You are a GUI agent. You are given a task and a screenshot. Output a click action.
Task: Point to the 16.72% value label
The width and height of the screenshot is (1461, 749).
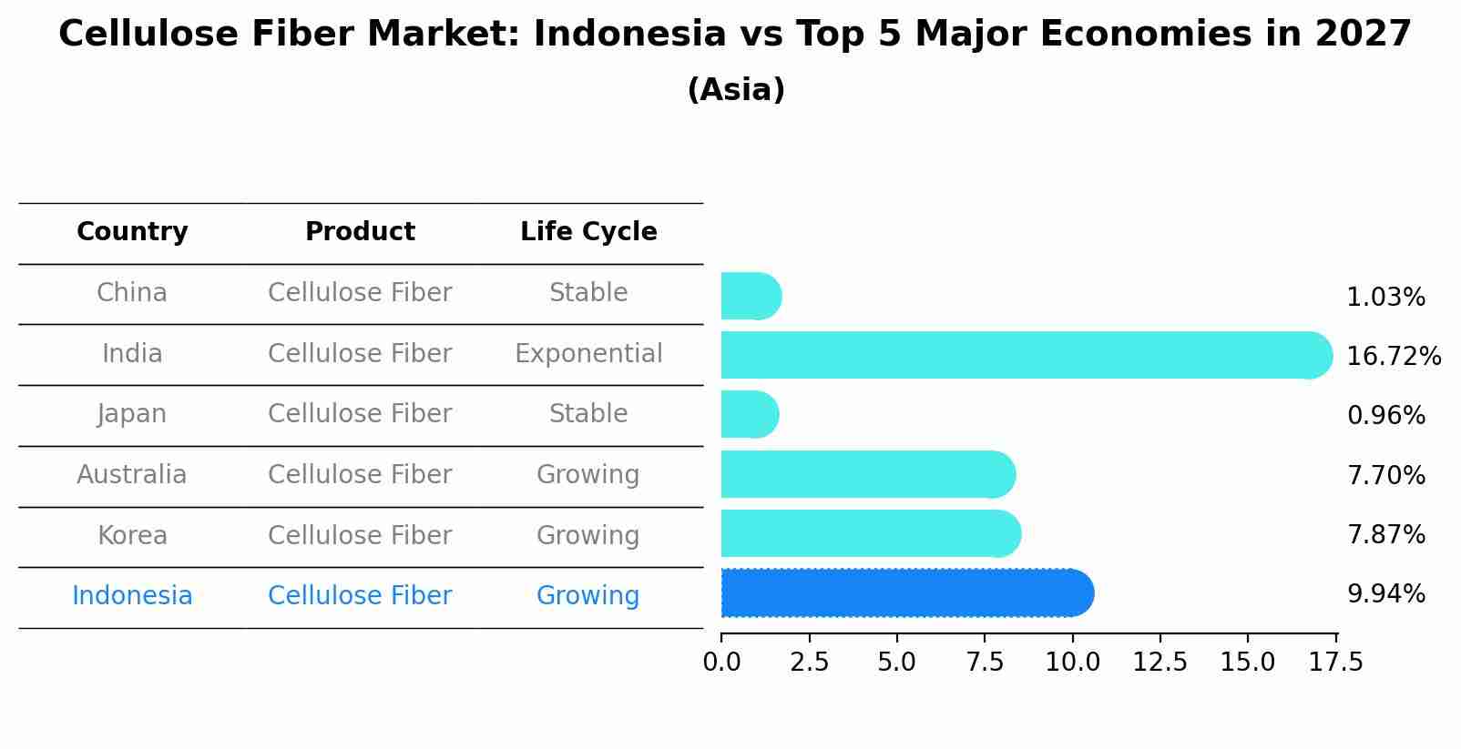(x=1393, y=356)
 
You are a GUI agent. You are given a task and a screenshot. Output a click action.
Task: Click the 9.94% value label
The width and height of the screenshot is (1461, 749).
(x=1385, y=594)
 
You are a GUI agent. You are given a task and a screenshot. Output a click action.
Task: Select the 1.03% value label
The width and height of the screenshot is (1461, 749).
(x=1385, y=298)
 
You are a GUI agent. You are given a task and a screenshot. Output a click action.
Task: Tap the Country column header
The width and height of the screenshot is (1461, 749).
(x=132, y=232)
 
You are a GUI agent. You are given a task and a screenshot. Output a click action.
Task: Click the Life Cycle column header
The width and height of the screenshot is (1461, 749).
(x=588, y=232)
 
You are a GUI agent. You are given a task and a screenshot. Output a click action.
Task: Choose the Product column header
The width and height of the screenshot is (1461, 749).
(x=360, y=232)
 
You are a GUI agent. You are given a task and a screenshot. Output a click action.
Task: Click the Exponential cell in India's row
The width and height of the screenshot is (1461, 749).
(x=588, y=354)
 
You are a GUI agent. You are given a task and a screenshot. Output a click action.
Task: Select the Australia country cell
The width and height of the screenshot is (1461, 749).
(x=132, y=475)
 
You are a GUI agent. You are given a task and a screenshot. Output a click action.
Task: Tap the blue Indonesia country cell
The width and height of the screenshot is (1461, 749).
(x=132, y=596)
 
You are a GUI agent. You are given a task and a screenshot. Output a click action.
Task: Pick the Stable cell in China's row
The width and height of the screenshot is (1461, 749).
(x=588, y=293)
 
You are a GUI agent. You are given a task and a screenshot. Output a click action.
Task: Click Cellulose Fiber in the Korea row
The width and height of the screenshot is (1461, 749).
(x=360, y=536)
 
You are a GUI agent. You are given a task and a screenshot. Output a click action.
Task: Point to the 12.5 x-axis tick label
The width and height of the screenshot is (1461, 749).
(x=1160, y=663)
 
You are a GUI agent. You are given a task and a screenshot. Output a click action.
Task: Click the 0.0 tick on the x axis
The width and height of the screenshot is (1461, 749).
(x=721, y=663)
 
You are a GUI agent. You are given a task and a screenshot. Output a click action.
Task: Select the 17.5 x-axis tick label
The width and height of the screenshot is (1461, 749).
(x=1335, y=663)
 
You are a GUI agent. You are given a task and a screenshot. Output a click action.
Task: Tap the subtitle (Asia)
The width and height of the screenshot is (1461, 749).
(x=736, y=90)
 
